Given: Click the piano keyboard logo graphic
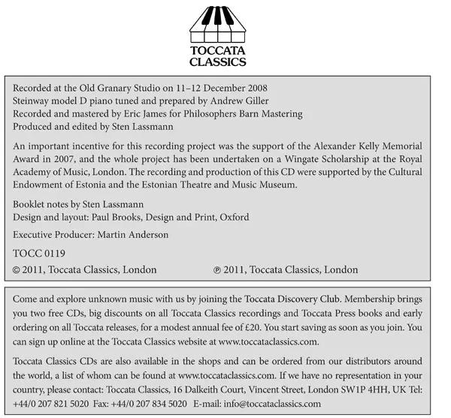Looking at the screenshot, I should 225,26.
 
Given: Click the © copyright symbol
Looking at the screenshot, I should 18,269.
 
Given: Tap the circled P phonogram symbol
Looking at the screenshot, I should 218,269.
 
